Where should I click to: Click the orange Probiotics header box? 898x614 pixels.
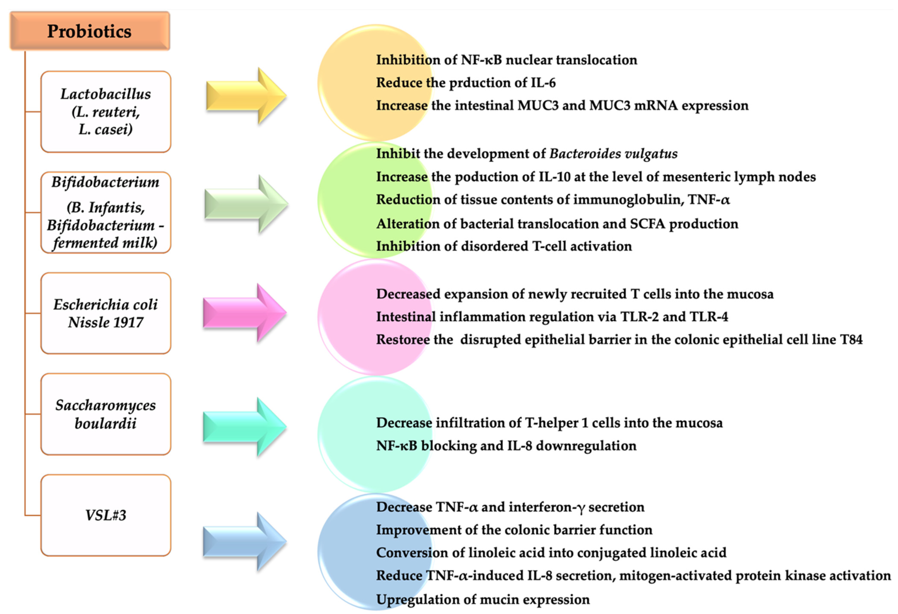click(89, 31)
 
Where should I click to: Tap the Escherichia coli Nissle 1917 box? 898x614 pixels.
click(106, 313)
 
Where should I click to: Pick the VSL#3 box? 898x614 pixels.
click(106, 515)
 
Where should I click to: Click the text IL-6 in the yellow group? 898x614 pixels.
click(543, 83)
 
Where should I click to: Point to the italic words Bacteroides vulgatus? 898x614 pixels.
click(613, 154)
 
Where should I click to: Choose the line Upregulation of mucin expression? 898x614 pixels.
click(483, 599)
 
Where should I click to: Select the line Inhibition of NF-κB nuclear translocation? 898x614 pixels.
click(506, 60)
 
